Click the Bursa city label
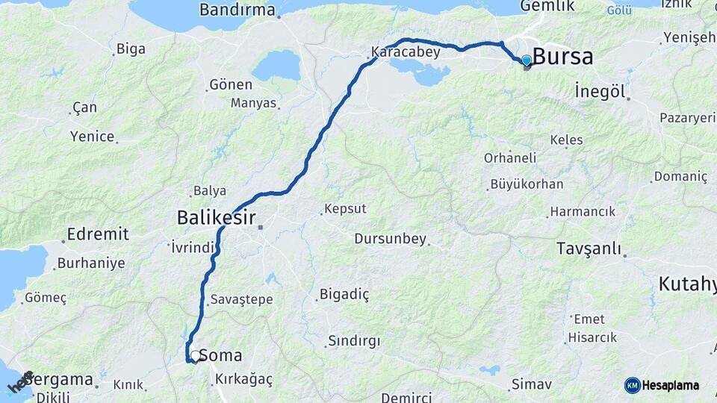coord(563,57)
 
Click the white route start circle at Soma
coord(195,356)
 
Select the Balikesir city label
coord(216,218)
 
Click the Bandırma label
coord(237,11)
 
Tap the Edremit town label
coord(98,234)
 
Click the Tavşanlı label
coord(589,249)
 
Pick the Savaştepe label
coord(242,299)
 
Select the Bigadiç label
coord(344,294)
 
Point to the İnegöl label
coord(599,91)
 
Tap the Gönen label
coord(231,84)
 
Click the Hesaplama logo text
coord(670,385)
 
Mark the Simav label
coord(531,385)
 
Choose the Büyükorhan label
coord(527,184)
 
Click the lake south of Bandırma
coord(276,66)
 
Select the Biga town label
coord(131,49)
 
